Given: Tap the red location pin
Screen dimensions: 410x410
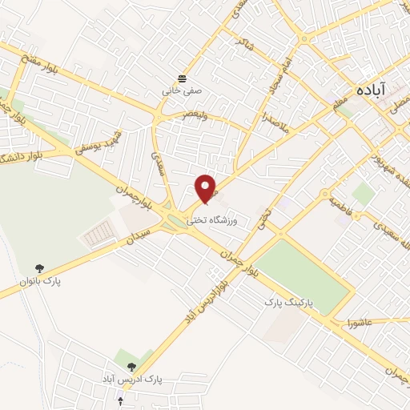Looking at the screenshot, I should click(207, 188).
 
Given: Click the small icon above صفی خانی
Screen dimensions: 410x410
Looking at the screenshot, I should click(183, 78).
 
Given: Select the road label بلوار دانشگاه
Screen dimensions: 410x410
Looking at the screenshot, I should click(24, 152).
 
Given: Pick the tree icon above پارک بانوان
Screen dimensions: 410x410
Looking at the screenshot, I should click(40, 268).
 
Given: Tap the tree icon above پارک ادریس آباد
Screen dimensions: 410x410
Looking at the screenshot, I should click(132, 366).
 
